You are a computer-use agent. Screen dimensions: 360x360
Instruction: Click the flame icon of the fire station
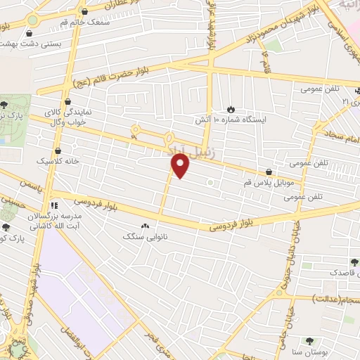[x=231, y=109]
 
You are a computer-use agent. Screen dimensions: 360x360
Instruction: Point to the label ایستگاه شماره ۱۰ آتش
[x=229, y=120]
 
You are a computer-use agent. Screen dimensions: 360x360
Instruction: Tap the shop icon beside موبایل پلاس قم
[x=269, y=172]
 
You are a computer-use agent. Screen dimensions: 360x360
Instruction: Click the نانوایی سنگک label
[x=139, y=238]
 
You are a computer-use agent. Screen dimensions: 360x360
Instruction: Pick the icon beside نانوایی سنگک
[x=146, y=226]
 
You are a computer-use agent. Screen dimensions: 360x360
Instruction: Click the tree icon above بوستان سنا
[x=310, y=341]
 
